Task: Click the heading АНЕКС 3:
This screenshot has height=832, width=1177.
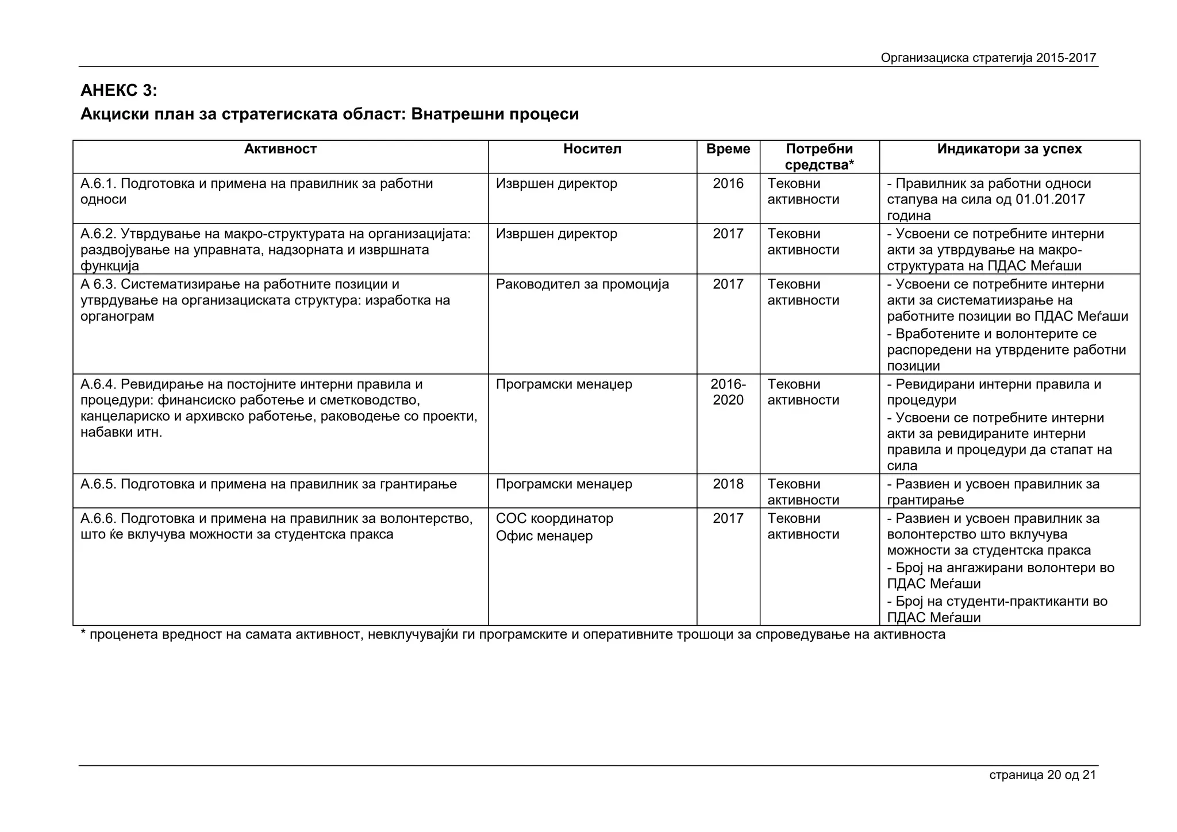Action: (118, 91)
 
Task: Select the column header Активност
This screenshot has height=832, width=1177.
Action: (280, 149)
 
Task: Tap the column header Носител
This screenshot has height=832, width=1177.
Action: (592, 149)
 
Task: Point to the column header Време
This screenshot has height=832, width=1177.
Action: (728, 149)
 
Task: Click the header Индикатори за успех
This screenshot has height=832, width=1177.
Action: (1009, 149)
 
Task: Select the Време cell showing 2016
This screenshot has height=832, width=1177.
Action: (728, 184)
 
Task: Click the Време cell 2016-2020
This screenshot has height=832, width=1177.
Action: (728, 392)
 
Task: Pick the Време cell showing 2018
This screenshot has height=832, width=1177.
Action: (728, 484)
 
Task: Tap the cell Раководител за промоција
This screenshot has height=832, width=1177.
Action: (582, 284)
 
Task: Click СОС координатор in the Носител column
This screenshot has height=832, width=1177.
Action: (554, 519)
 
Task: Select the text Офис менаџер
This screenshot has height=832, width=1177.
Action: (544, 536)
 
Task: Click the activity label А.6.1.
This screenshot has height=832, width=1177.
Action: (99, 184)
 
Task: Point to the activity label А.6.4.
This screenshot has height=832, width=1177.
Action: (99, 384)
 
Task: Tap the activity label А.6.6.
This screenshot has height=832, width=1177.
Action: (99, 519)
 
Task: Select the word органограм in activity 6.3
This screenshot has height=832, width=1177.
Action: (117, 317)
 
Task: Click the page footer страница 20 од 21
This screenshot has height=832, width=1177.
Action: (1042, 775)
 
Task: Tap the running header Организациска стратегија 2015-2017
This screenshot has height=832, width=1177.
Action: (988, 58)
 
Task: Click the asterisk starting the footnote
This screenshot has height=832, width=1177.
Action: (83, 633)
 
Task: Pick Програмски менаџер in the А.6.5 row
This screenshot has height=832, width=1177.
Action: (563, 484)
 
